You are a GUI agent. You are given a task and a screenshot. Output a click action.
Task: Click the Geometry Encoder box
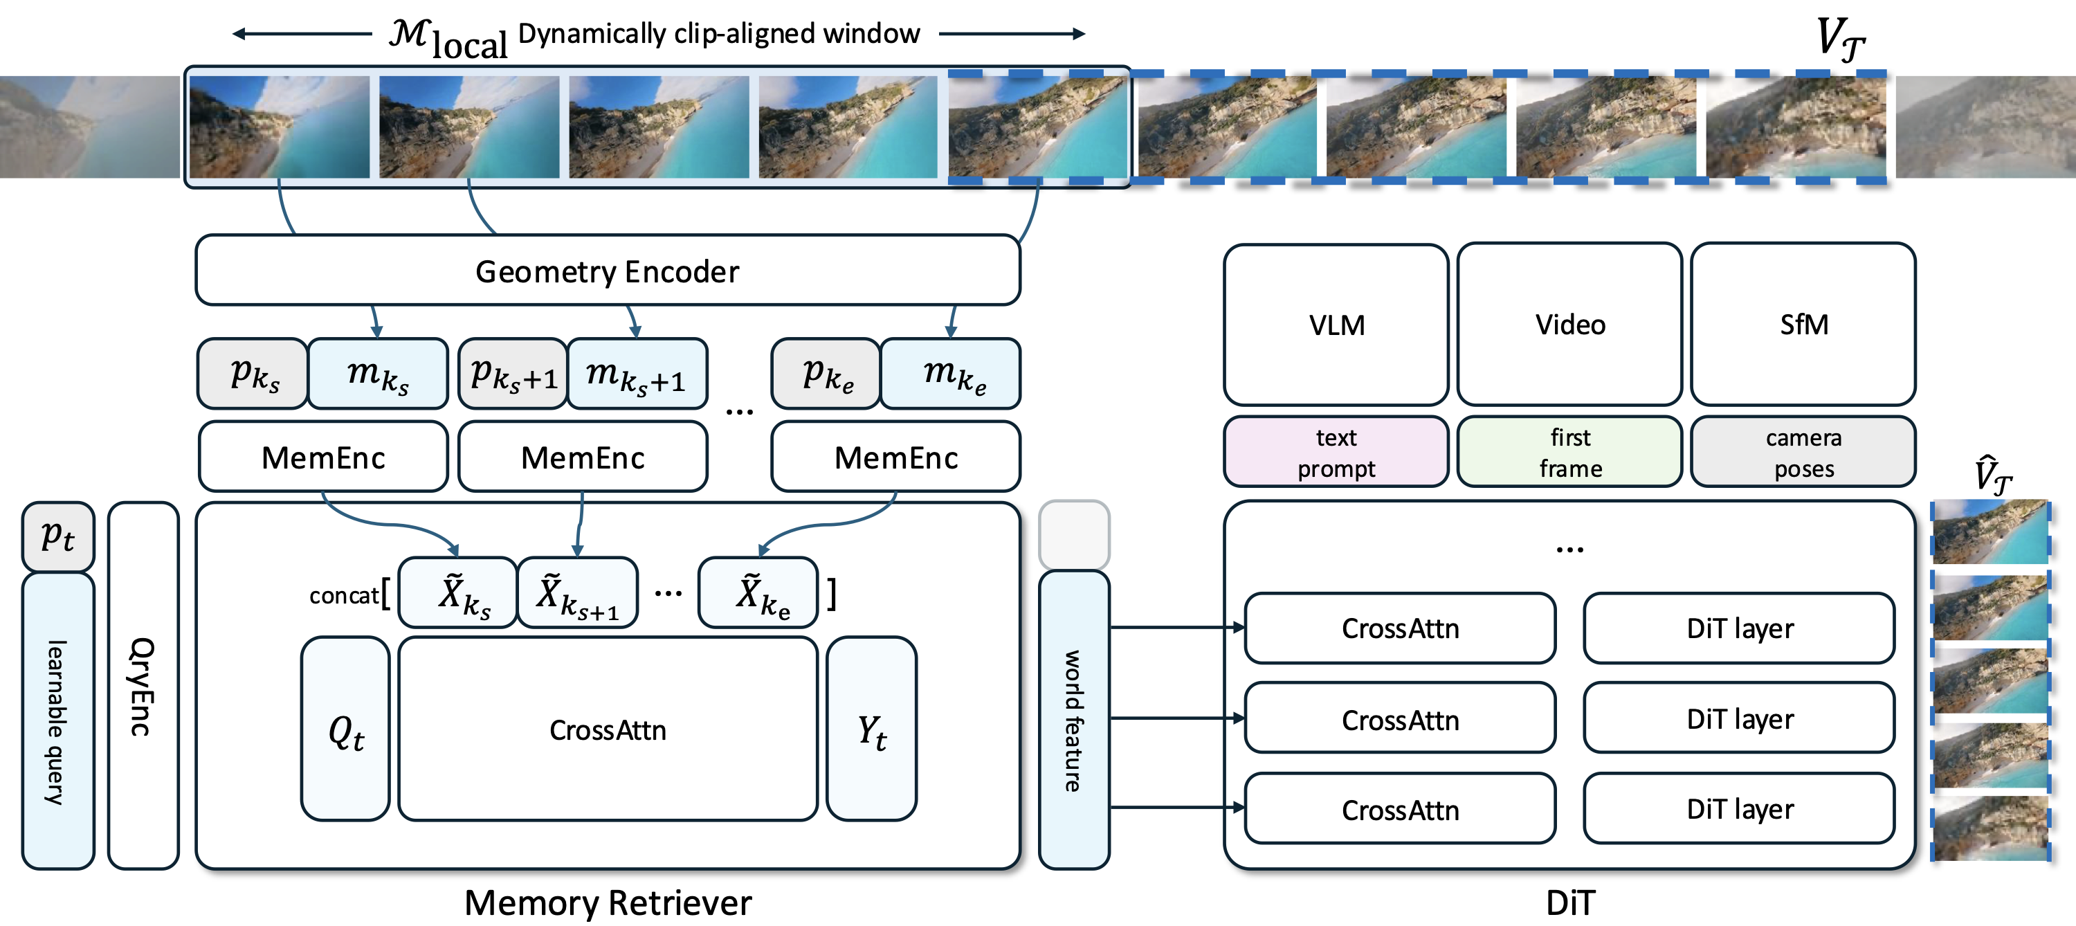pyautogui.click(x=608, y=271)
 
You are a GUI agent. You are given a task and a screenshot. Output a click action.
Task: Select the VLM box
pyautogui.click(x=1336, y=324)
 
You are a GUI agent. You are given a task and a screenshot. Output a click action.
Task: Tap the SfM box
pyautogui.click(x=1803, y=324)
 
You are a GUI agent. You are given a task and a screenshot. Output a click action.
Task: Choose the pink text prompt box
pyautogui.click(x=1336, y=452)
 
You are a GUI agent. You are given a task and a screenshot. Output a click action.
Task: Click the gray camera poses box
pyautogui.click(x=1803, y=452)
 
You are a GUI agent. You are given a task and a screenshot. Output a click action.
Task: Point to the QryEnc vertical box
pyautogui.click(x=143, y=686)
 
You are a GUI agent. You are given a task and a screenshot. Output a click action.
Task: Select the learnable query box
pyautogui.click(x=57, y=720)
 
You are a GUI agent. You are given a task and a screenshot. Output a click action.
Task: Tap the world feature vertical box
pyautogui.click(x=1073, y=720)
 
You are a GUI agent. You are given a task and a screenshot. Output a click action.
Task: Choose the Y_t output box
pyautogui.click(x=871, y=729)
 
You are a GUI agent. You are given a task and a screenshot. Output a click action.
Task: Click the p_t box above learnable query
pyautogui.click(x=57, y=536)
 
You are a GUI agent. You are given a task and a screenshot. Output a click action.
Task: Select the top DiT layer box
pyautogui.click(x=1739, y=628)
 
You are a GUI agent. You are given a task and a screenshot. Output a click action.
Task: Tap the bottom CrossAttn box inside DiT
pyautogui.click(x=1400, y=809)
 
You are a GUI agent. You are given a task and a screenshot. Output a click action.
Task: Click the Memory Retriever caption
pyautogui.click(x=608, y=902)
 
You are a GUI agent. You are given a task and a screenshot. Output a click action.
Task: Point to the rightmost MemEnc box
pyautogui.click(x=895, y=457)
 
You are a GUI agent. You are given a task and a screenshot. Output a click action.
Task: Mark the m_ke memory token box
pyautogui.click(x=951, y=374)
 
